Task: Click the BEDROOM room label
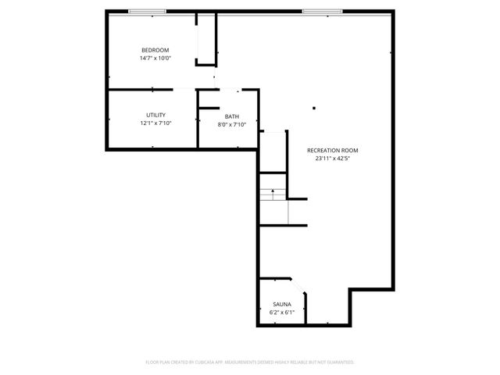155,49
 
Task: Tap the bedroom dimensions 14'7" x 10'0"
155,58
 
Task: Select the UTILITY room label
155,115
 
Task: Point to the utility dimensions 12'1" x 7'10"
155,123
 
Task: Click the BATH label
232,116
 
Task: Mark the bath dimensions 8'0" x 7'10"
232,125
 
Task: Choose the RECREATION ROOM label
333,149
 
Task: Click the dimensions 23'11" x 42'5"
333,158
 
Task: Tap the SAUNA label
282,304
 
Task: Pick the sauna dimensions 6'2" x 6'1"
282,312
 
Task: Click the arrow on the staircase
273,190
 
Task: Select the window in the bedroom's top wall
147,11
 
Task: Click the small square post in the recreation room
314,109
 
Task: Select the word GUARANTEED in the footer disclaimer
338,362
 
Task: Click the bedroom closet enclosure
206,39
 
